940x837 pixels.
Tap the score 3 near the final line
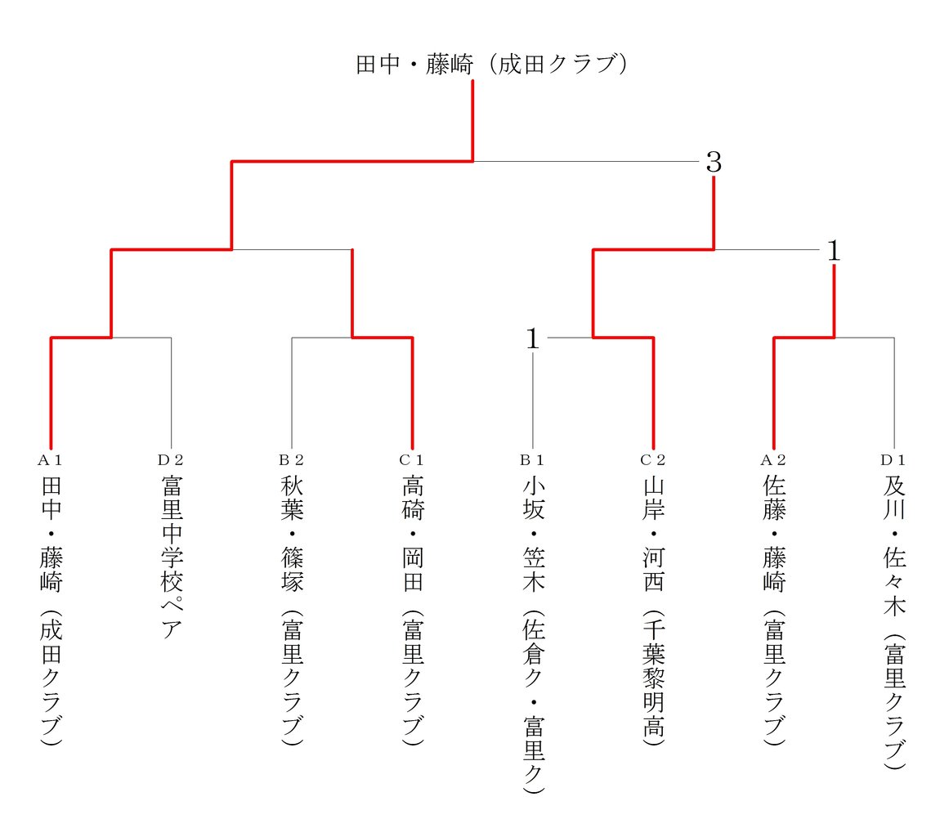pos(714,163)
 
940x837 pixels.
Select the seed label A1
pos(51,460)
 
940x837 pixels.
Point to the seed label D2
pos(171,460)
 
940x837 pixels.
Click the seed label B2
pos(292,460)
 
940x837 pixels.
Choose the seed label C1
pos(412,460)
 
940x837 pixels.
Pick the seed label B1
pos(533,460)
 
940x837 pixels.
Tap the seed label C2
pos(653,460)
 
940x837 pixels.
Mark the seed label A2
pos(774,460)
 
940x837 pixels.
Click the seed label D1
pos(894,460)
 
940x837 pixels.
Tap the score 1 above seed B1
pos(533,338)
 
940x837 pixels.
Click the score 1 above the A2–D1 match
pos(834,251)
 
